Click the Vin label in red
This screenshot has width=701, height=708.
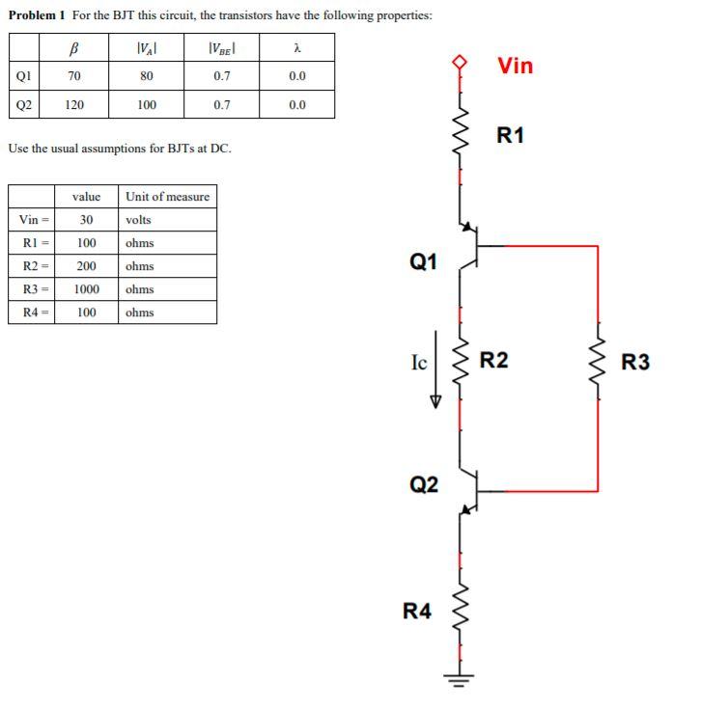515,66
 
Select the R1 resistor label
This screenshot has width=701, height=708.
510,135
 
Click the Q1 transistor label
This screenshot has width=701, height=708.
424,260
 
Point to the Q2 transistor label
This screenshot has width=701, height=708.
424,484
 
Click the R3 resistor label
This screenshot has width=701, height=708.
635,363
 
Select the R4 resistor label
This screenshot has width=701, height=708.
417,610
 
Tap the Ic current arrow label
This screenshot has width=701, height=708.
419,363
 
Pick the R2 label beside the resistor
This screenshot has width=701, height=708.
494,362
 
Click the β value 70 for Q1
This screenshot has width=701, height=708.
74,76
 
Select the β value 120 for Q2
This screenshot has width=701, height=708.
74,105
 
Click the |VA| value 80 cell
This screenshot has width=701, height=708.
147,76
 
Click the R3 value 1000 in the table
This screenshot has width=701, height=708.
86,289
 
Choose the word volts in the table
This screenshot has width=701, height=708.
139,220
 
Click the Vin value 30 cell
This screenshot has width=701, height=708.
86,220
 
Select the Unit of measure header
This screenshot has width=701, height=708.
167,197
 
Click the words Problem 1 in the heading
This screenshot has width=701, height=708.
37,16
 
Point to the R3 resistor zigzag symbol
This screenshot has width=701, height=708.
598,362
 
